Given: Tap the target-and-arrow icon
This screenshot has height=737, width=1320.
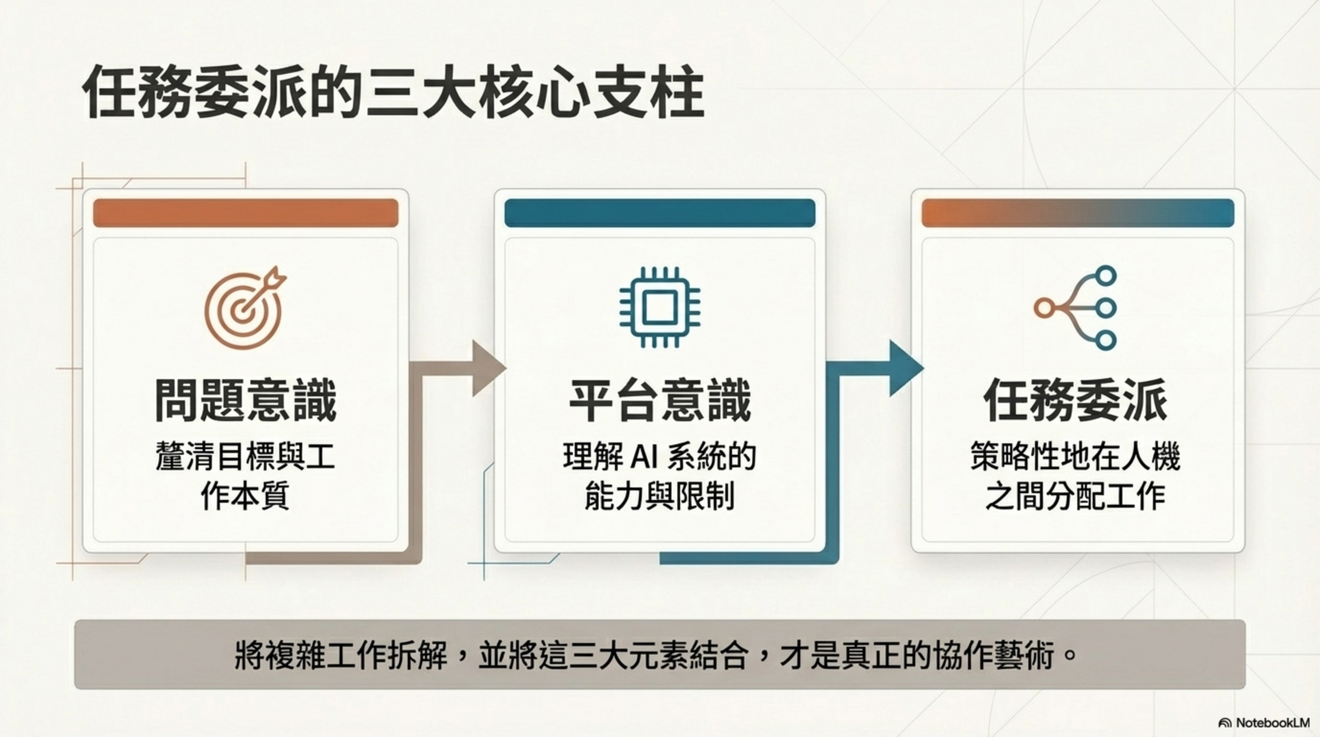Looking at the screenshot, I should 245,308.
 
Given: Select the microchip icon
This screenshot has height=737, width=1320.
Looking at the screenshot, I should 660,308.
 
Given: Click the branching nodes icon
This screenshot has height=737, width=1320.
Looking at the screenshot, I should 1076,308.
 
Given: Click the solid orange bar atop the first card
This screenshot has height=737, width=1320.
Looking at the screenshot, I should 246,213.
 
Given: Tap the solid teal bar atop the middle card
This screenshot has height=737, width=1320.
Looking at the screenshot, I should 660,213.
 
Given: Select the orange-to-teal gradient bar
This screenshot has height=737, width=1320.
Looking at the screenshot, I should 1078,213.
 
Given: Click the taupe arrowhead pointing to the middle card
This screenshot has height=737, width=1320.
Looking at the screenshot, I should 487,368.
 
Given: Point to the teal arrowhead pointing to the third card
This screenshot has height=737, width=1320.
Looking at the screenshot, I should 905,368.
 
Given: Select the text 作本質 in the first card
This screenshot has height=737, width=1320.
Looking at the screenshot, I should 246,496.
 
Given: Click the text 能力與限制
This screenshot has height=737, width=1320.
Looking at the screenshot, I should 660,496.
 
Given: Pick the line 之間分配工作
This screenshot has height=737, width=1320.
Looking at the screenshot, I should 1075,496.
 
